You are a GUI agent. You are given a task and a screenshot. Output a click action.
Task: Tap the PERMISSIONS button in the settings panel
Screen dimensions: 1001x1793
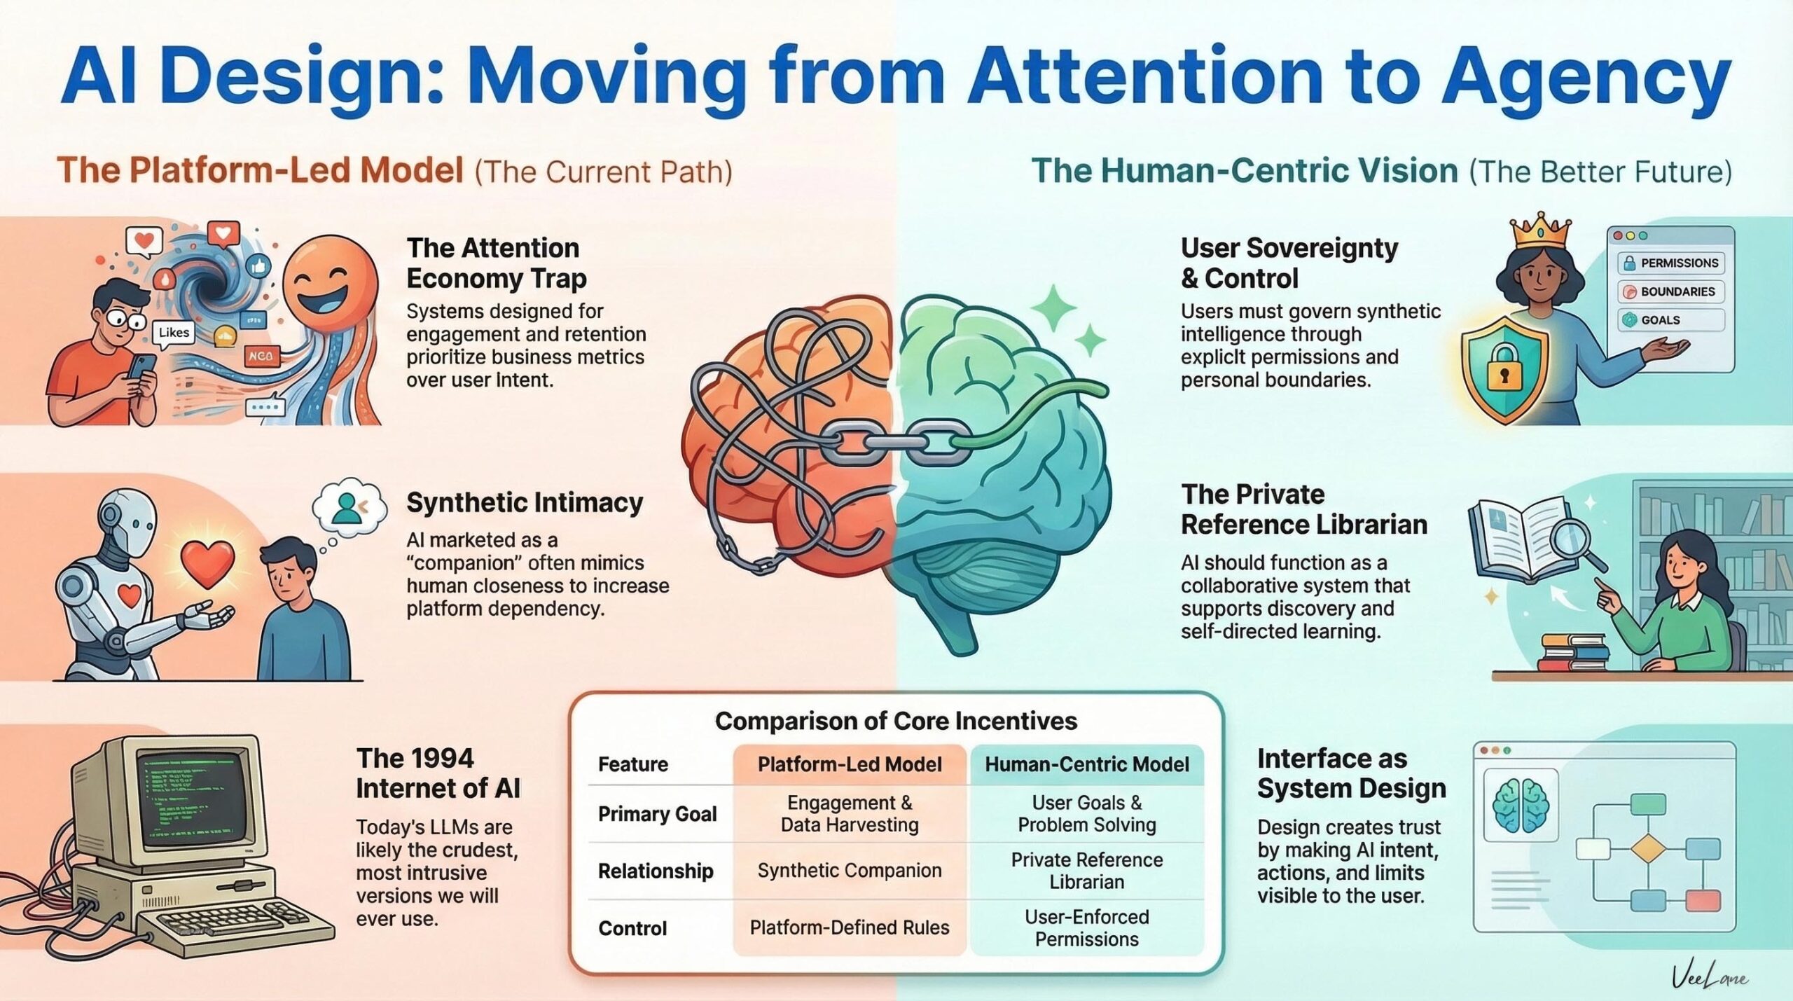(1670, 263)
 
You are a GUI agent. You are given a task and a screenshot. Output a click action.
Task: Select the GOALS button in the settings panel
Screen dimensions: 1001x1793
(1670, 320)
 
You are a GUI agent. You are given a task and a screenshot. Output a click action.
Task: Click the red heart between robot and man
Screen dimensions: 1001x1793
(208, 563)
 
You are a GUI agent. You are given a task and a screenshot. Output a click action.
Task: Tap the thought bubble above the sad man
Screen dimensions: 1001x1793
(349, 508)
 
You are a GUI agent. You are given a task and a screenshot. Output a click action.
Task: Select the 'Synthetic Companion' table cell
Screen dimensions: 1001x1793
(849, 871)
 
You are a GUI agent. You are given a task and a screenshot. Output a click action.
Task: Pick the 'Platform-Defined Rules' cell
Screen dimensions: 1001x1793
(849, 927)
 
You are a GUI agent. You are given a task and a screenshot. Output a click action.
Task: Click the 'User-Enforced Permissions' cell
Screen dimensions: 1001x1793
(1086, 927)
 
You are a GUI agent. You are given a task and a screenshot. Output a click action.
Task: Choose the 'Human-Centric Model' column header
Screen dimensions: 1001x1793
(1086, 764)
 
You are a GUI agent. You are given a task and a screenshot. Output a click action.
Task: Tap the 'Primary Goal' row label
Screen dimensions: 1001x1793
(657, 814)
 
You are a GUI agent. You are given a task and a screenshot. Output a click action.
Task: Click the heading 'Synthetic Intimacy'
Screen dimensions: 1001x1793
(525, 503)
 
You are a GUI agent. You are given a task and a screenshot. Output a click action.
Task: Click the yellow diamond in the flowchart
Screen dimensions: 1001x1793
(1647, 849)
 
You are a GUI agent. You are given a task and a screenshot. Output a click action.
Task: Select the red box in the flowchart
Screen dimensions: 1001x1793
(1703, 900)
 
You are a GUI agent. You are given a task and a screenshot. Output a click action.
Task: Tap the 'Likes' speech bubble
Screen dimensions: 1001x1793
(173, 333)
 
